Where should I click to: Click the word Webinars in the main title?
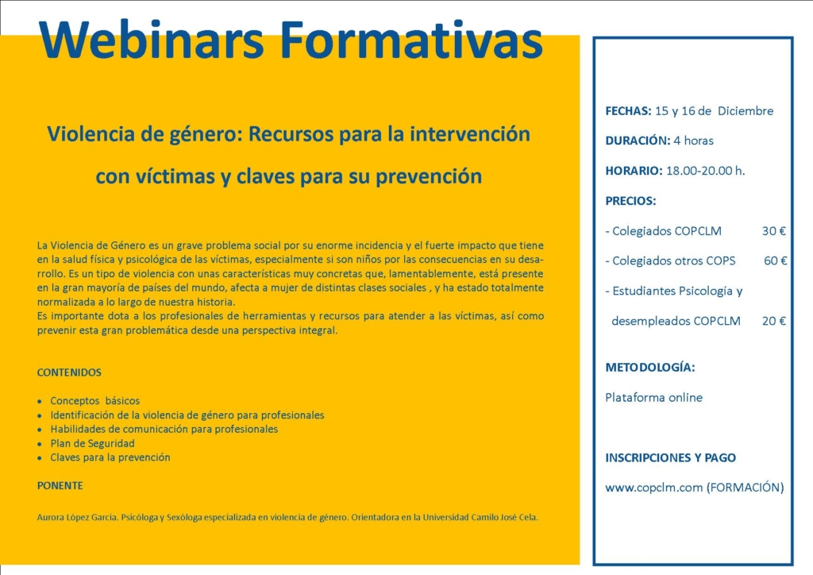(x=152, y=40)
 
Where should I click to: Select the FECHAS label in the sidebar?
(x=628, y=111)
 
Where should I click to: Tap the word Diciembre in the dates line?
(x=745, y=111)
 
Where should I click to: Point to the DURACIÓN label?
(x=638, y=141)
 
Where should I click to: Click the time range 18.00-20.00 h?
(x=705, y=171)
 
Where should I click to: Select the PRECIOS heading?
(x=630, y=201)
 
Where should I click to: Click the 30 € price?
(x=773, y=231)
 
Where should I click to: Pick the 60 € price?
(x=775, y=260)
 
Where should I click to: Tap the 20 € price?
(x=773, y=321)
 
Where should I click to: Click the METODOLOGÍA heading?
(x=649, y=367)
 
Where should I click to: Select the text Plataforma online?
(x=653, y=398)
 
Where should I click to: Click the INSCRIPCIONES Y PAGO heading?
(x=670, y=457)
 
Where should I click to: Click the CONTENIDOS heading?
(x=69, y=372)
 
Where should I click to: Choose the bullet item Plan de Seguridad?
(x=92, y=443)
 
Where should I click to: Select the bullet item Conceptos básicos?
(x=95, y=401)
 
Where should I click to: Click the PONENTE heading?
(x=60, y=486)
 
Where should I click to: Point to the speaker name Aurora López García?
(x=77, y=518)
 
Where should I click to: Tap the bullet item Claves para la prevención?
(x=110, y=457)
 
